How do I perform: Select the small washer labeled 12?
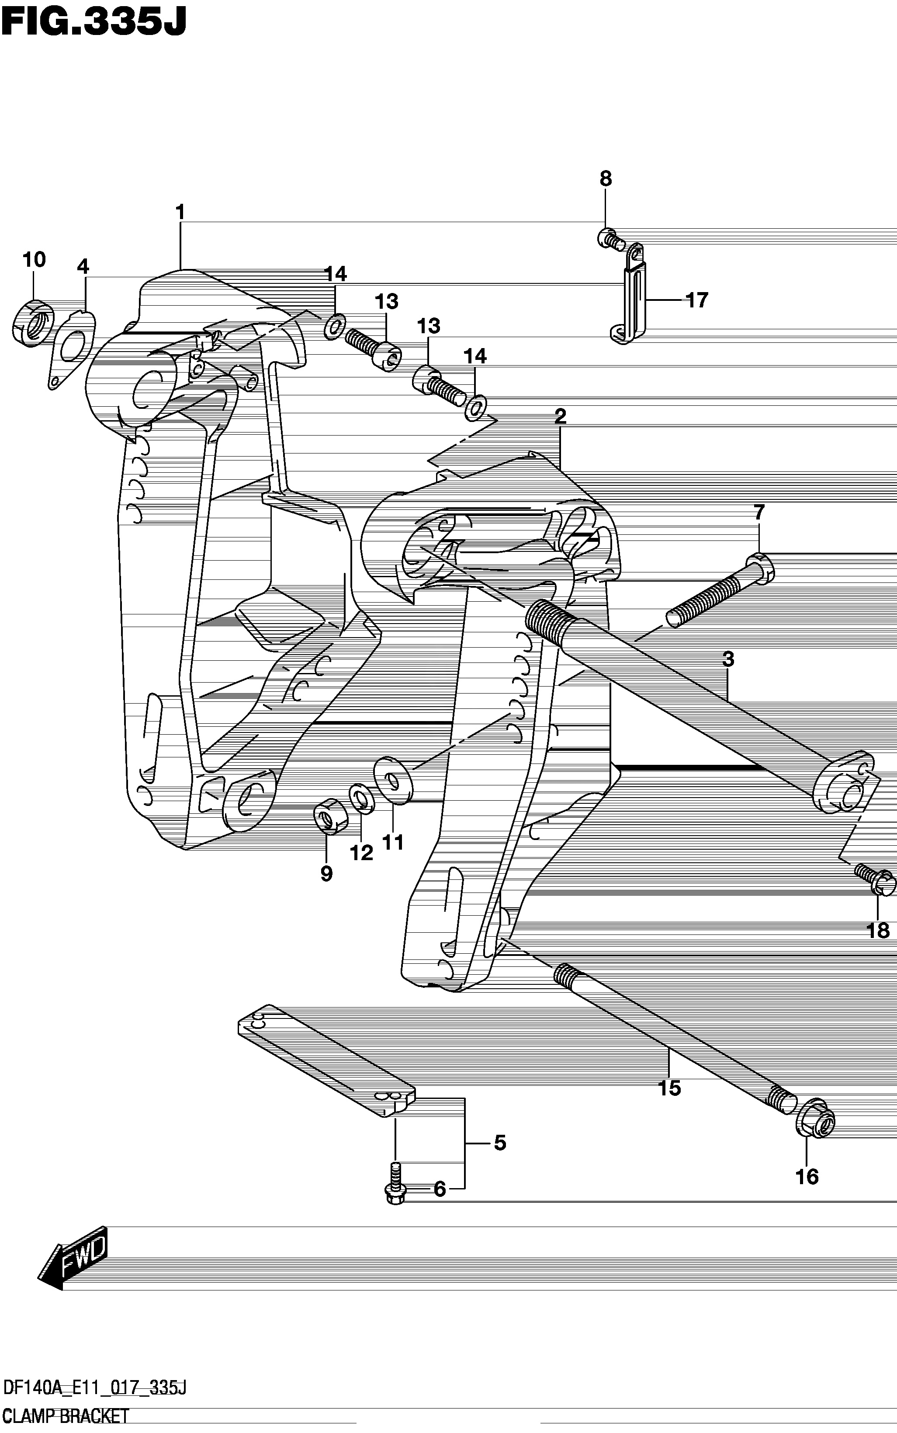361,800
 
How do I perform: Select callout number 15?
670,1089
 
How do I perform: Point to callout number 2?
560,415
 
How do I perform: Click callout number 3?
728,659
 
